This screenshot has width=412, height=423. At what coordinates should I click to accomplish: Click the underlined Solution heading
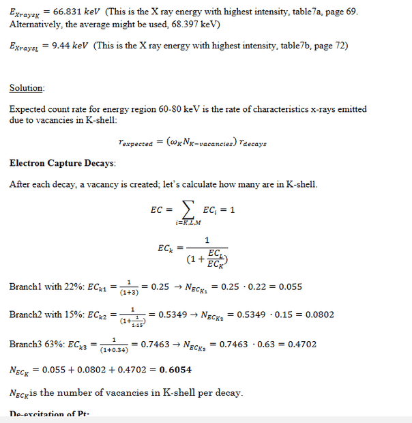27,88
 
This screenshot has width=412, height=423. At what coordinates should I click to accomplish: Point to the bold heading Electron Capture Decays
62,163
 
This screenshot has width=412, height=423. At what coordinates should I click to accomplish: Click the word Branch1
25,287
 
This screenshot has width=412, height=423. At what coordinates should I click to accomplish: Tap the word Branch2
25,315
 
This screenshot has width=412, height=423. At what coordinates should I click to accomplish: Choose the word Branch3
25,345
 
